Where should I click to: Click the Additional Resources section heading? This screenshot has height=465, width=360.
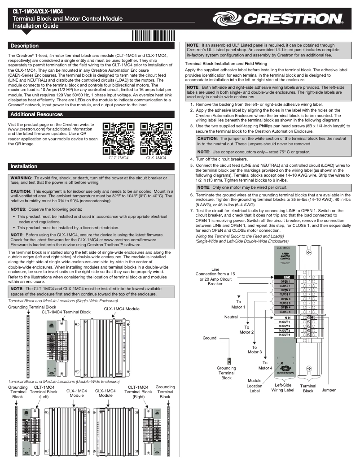click(x=36, y=115)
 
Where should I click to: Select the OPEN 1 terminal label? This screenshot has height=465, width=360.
click(x=285, y=282)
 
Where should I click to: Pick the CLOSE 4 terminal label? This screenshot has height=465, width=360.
click(x=285, y=312)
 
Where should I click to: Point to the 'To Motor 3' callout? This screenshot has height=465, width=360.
click(x=255, y=349)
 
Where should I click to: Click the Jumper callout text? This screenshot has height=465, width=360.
click(x=329, y=390)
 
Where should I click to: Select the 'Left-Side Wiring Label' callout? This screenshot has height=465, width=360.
click(x=283, y=387)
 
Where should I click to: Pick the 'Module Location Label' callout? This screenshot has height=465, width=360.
click(x=255, y=386)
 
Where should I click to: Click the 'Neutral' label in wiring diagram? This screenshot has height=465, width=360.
click(x=231, y=317)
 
